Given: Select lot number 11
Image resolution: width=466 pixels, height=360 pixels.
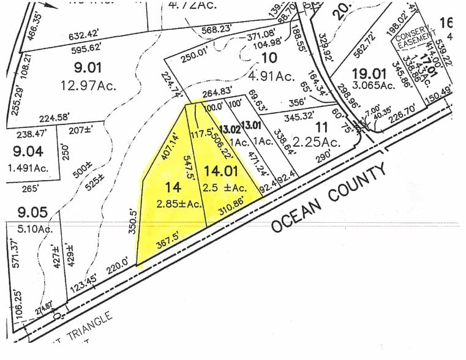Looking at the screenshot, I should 321,128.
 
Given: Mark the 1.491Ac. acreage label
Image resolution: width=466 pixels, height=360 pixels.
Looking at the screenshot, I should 29,167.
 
